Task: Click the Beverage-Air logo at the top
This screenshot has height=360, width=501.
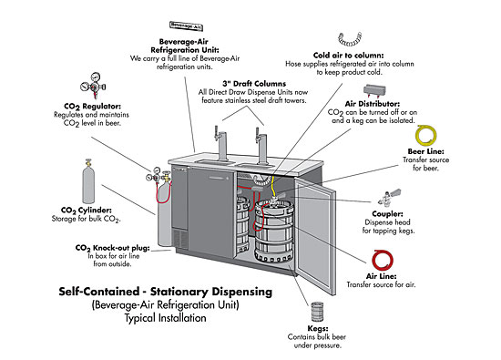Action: coord(186,26)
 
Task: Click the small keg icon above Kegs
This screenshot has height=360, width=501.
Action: coord(317,312)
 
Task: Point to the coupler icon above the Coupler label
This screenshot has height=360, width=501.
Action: coord(389,197)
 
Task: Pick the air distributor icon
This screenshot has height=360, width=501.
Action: coord(374,91)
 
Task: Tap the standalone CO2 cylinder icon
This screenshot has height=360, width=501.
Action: coord(88,182)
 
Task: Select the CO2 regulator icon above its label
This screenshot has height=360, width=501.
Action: coord(93,86)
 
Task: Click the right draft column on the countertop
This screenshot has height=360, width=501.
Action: coord(261,146)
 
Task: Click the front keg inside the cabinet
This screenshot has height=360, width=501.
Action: coord(274,231)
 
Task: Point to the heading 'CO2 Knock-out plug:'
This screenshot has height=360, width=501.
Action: coord(112,248)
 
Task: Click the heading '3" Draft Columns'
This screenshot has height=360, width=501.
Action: coord(254,84)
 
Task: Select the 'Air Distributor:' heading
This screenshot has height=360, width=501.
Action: coord(373,104)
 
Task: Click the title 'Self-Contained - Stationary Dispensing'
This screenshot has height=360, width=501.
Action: coord(165,292)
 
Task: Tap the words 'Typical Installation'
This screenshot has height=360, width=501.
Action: coord(165,318)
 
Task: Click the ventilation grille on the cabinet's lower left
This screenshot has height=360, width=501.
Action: coord(179,239)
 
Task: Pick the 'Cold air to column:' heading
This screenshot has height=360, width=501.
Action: coord(348,56)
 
